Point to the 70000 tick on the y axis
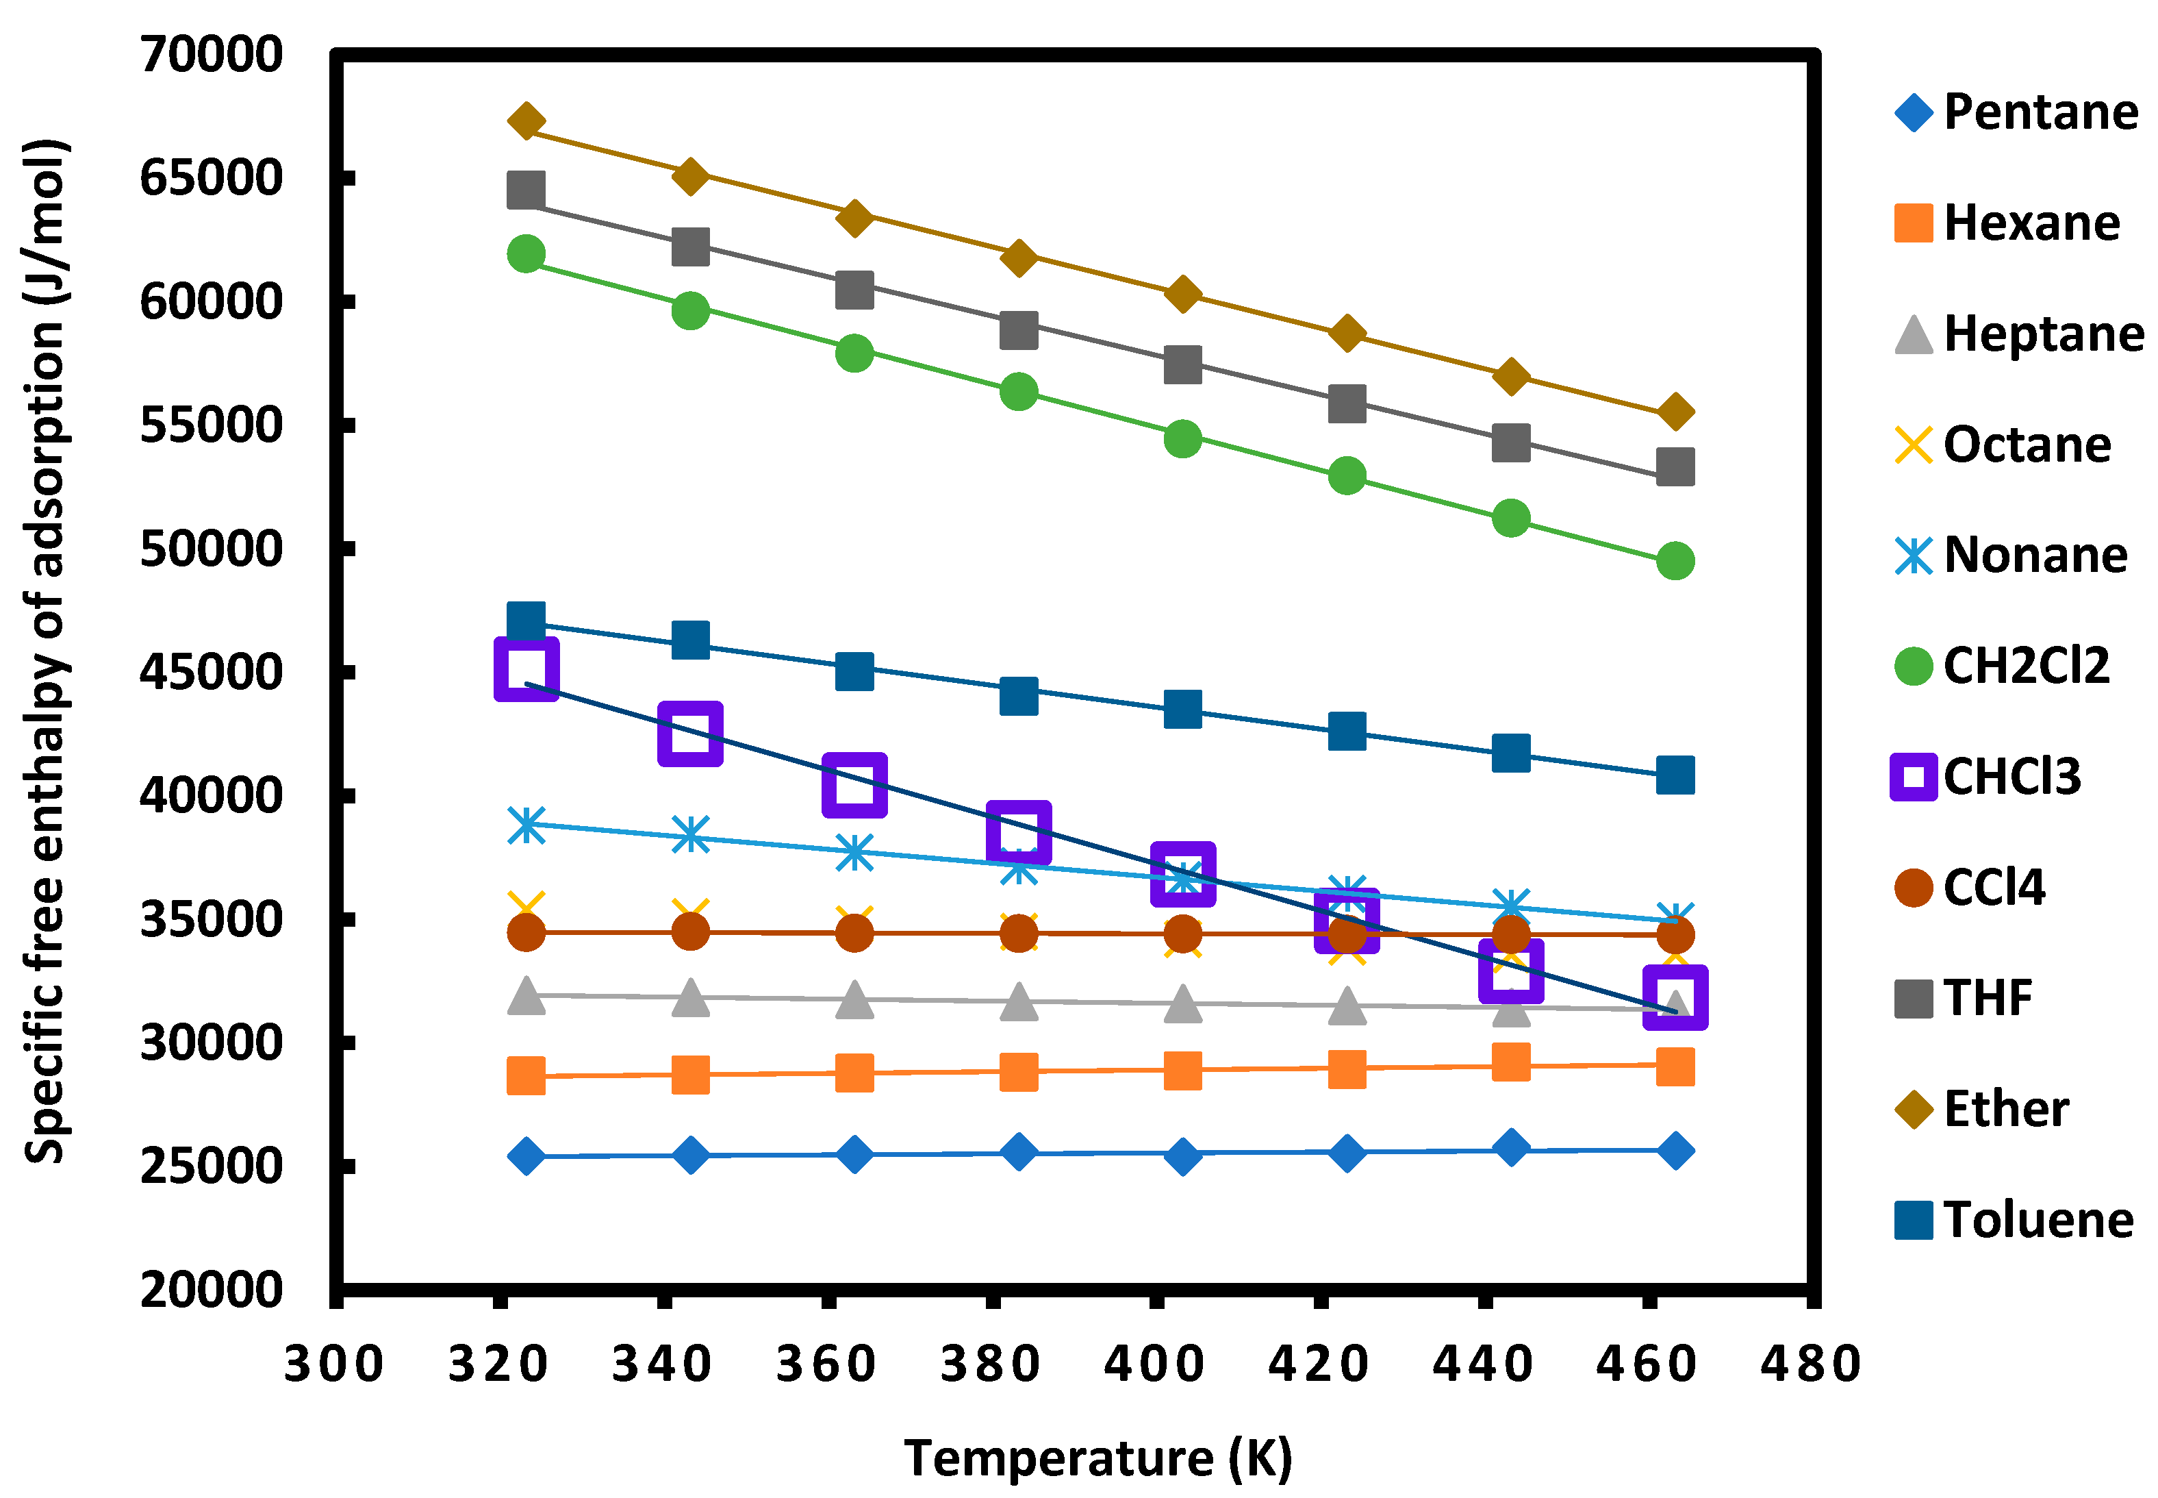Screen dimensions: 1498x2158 (211, 54)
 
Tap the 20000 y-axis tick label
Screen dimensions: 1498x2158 (211, 1290)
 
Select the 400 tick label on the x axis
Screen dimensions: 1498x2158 (1154, 1364)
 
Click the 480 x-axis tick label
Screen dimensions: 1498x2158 (1811, 1364)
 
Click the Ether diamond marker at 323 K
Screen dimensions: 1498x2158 (526, 122)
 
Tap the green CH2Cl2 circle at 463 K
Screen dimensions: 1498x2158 (1675, 561)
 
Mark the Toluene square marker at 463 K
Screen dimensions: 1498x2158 (1675, 776)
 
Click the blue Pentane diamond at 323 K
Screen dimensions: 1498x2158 (526, 1156)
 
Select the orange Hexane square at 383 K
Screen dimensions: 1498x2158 (1019, 1072)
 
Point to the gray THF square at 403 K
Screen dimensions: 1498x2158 (1183, 365)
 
